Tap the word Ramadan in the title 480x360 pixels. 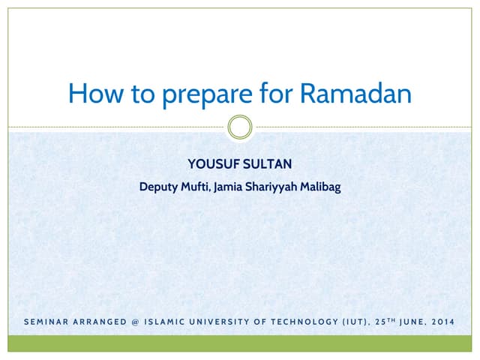[355, 94]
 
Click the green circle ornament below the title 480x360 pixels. [240, 127]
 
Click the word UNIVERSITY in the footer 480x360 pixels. [233, 323]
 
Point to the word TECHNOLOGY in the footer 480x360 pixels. [319, 323]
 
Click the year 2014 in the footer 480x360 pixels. [443, 323]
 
